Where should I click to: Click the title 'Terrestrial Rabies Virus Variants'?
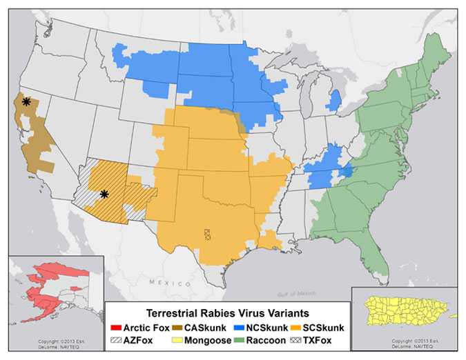pos(228,313)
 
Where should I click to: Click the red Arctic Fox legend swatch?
pos(115,327)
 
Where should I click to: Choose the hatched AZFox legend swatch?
pos(115,339)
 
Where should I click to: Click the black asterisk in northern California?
pos(26,102)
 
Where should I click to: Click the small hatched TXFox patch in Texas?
pos(207,234)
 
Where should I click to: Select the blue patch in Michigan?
pos(335,101)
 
